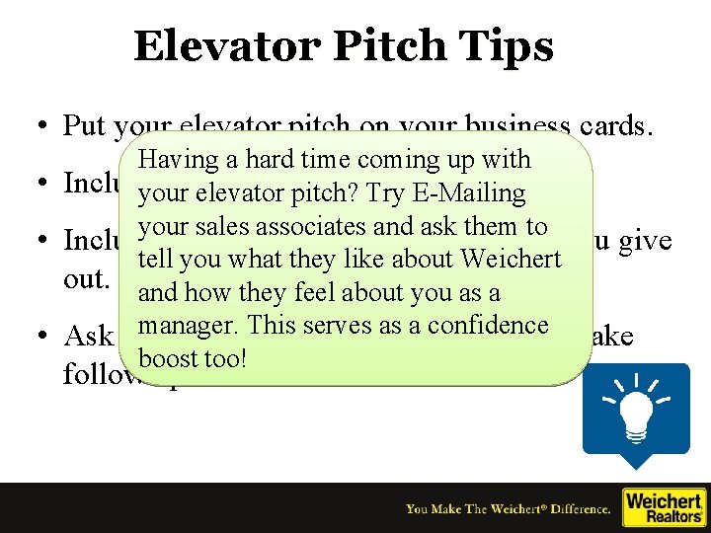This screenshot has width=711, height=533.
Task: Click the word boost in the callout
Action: [168, 358]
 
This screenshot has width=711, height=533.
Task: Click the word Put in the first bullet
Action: [85, 126]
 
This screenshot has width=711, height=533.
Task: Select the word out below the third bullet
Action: [85, 279]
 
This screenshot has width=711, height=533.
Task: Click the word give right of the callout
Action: [647, 241]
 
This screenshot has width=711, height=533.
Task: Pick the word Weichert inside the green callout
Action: [512, 260]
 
